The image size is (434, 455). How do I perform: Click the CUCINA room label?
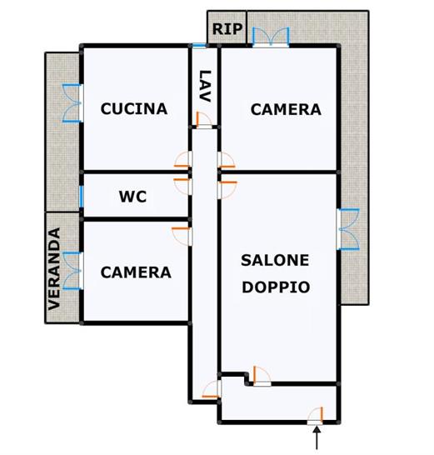click(134, 109)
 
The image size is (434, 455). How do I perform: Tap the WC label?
click(132, 197)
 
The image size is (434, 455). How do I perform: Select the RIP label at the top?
click(227, 29)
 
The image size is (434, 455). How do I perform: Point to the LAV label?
click(205, 86)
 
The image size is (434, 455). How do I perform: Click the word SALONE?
click(275, 260)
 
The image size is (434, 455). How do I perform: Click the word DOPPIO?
click(276, 287)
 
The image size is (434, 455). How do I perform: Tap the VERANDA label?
click(54, 269)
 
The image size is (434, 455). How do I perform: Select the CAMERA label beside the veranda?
click(136, 272)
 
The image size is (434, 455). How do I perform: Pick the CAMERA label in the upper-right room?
click(286, 109)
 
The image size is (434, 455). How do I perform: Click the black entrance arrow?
click(317, 437)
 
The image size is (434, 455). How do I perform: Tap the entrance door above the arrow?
click(315, 417)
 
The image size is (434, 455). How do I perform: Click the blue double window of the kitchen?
click(72, 103)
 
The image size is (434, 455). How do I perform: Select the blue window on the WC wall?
click(82, 197)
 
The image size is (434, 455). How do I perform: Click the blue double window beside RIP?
click(271, 37)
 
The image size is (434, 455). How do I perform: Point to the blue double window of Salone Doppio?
click(348, 229)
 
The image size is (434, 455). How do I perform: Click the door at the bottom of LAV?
click(204, 120)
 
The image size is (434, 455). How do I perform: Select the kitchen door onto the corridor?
click(183, 159)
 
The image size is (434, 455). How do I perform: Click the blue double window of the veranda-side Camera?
click(72, 271)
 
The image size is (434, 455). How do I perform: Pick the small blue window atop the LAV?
click(199, 46)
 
